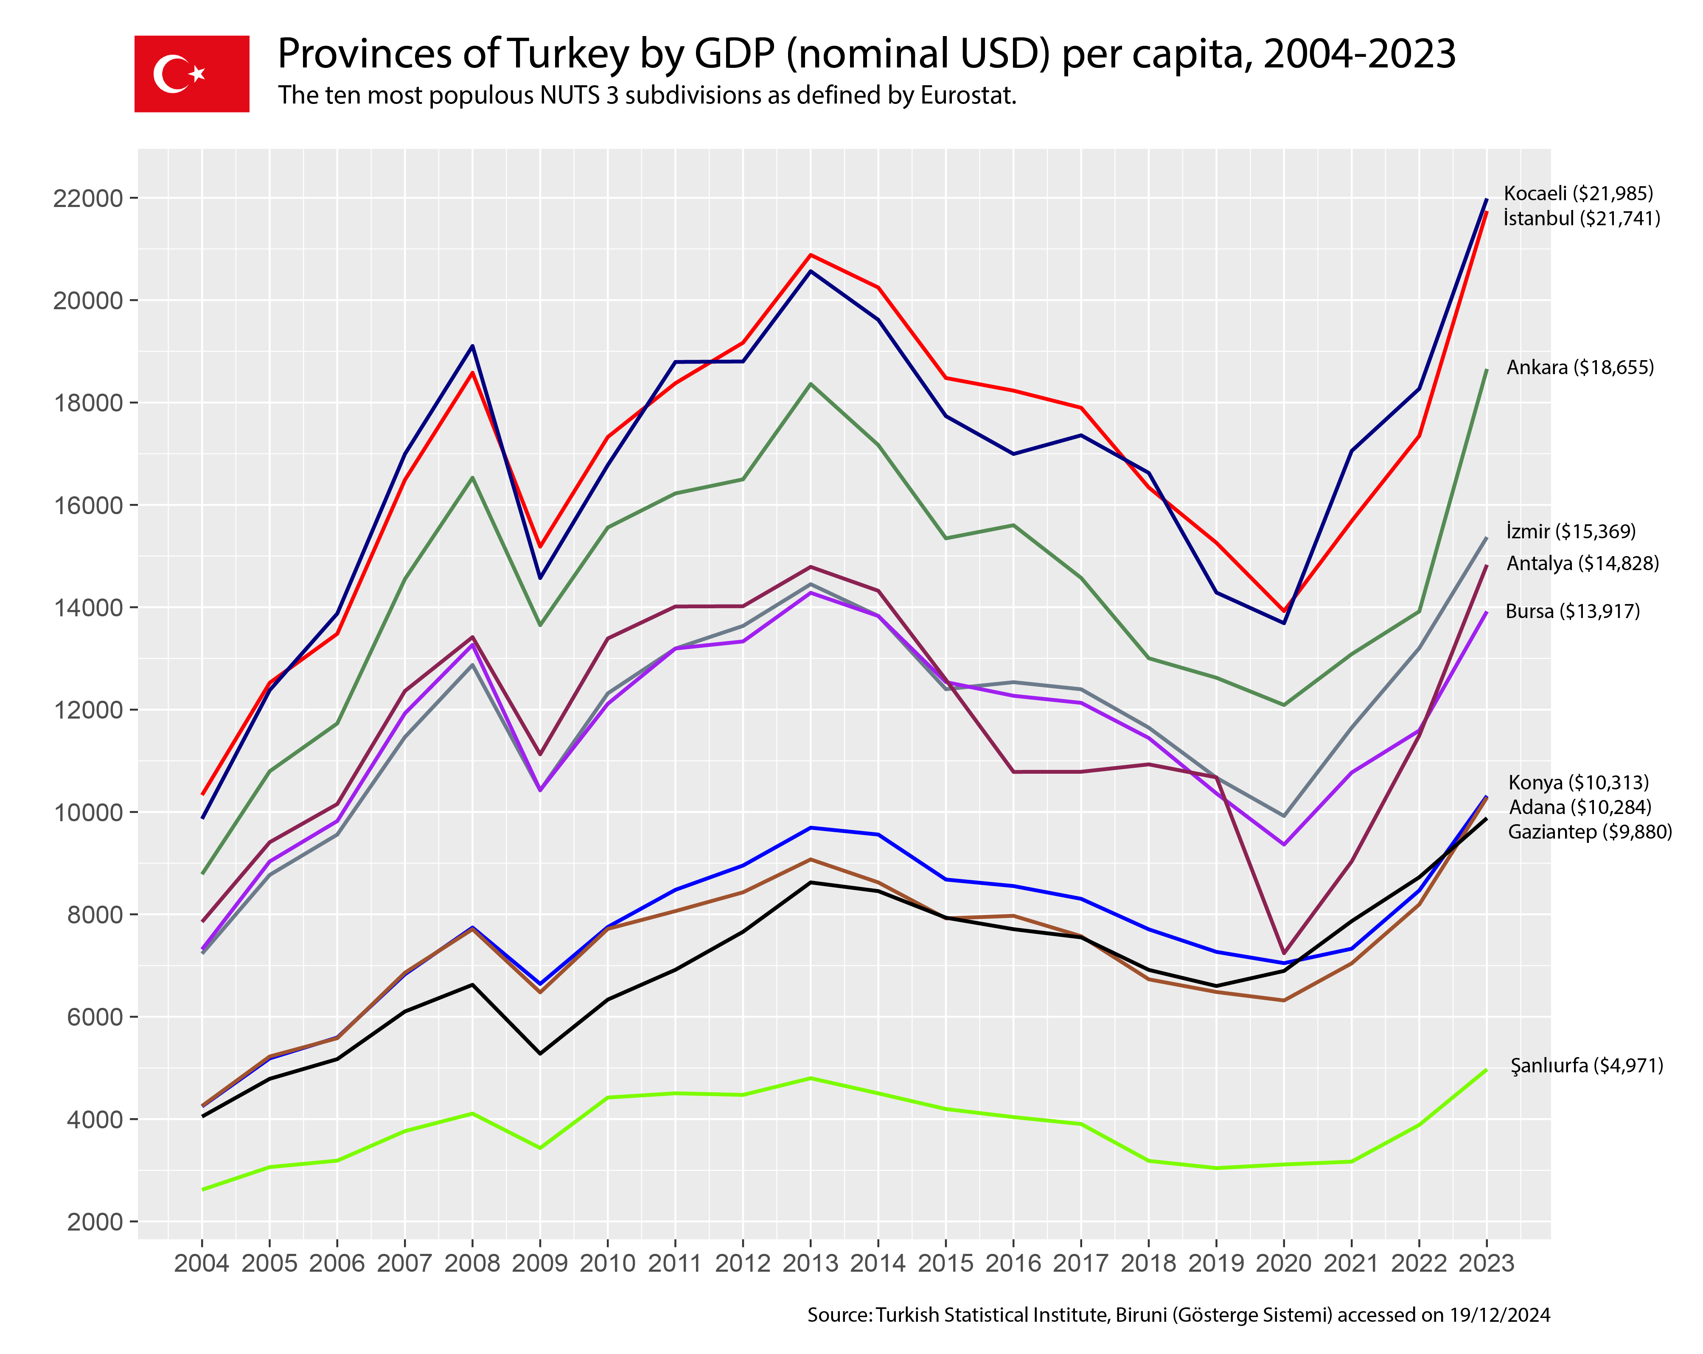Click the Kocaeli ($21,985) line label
[1577, 193]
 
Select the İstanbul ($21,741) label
[1581, 219]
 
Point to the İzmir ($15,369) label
[1570, 532]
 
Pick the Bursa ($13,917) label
[1572, 611]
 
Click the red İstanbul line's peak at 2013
[811, 255]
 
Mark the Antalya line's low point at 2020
[1284, 953]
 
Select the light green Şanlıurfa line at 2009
[540, 1148]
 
